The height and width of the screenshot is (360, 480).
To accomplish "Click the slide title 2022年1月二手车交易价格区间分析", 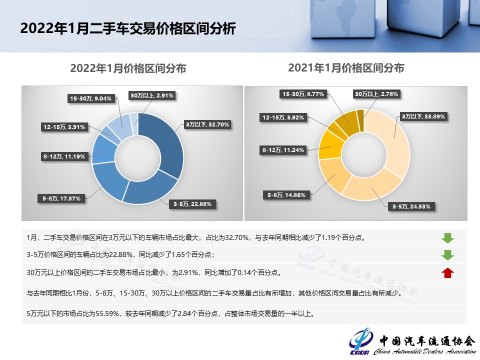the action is tap(128, 28).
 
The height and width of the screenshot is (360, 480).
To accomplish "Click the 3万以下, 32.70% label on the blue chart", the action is tap(207, 124).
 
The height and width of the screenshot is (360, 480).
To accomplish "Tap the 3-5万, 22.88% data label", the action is tap(192, 204).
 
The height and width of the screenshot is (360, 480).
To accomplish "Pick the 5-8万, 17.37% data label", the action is tap(61, 198).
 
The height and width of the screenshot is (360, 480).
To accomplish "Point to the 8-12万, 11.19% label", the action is tap(64, 156).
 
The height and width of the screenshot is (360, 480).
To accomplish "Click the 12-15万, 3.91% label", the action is tap(64, 127).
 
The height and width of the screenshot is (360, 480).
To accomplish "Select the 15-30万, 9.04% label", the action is tap(90, 98).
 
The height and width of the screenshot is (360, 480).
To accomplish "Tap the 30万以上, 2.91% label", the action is tap(152, 95).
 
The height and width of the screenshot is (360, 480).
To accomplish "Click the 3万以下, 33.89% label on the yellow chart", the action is tap(423, 116).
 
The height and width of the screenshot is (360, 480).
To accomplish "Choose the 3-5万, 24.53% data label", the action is tap(411, 206).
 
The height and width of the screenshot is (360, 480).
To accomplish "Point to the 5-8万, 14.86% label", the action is tap(286, 195).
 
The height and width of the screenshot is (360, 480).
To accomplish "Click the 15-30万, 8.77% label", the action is tap(303, 94).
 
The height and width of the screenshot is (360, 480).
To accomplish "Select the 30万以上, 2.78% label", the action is tap(376, 94).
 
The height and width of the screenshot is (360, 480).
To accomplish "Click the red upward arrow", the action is tap(447, 272).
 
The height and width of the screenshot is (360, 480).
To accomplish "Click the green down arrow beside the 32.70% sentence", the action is tap(447, 238).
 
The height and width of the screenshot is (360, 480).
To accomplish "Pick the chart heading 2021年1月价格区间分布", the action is tap(346, 68).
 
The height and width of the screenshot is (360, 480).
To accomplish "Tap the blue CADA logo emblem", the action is tap(360, 341).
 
